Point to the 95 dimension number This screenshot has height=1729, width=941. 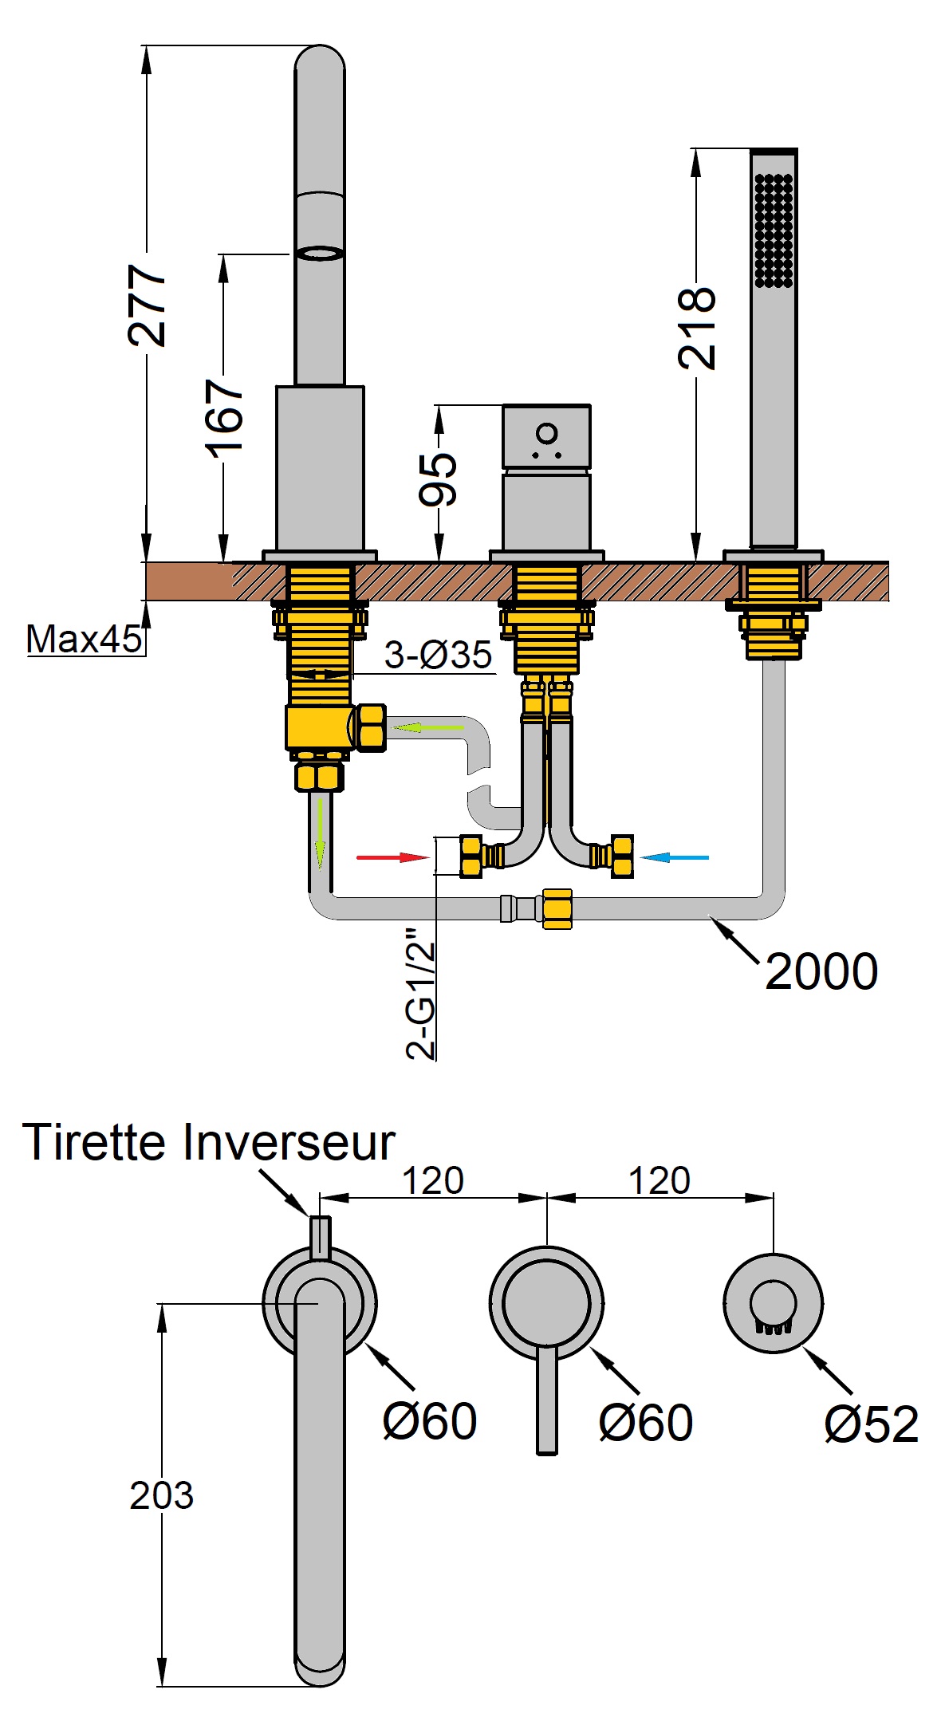438,479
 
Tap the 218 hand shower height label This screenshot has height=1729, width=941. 696,328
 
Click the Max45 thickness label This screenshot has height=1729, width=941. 84,640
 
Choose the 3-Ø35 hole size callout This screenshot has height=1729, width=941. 438,656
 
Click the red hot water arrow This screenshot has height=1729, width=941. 392,857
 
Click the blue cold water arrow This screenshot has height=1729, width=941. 675,857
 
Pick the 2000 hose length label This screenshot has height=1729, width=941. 821,971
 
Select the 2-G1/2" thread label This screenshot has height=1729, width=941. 421,993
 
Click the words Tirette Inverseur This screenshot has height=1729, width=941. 209,1142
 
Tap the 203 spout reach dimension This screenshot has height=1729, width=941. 161,1496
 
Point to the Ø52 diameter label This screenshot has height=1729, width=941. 871,1424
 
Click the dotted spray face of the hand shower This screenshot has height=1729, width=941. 774,230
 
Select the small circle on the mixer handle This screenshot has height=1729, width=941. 547,433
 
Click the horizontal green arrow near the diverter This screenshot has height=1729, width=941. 427,727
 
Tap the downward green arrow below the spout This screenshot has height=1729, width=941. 321,833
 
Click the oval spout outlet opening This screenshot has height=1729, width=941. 320,253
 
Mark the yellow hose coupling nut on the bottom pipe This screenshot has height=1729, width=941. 557,908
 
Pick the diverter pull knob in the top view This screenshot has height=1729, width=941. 320,1237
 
